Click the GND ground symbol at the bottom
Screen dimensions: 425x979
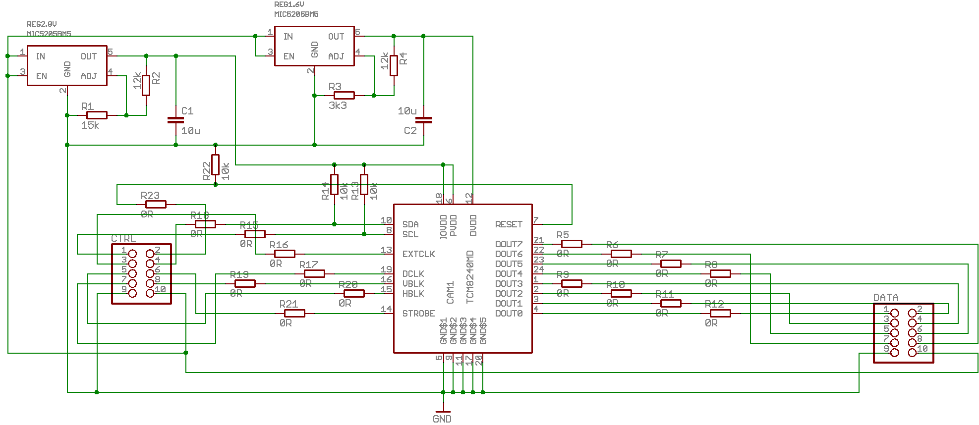(443, 412)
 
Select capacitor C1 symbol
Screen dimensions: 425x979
(176, 120)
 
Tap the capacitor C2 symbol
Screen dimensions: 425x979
(423, 120)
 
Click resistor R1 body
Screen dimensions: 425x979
(97, 115)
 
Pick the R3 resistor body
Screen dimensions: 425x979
(344, 95)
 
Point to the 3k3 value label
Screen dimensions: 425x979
(338, 106)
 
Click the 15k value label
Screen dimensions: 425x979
(90, 126)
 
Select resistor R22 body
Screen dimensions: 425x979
(215, 164)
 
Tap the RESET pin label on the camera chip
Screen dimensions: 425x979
(509, 224)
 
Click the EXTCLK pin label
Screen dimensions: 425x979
(418, 254)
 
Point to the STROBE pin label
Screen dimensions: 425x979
(418, 314)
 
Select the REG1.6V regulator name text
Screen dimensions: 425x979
(289, 4)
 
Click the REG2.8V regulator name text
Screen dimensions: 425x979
(42, 24)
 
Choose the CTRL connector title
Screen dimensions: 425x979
(123, 238)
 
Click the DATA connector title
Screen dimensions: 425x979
(886, 298)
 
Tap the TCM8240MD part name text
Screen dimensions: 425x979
(470, 277)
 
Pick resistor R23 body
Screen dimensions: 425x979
(156, 204)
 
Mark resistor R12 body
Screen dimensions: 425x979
(720, 313)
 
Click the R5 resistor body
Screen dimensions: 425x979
(572, 244)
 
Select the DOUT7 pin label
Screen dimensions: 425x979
(509, 244)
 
